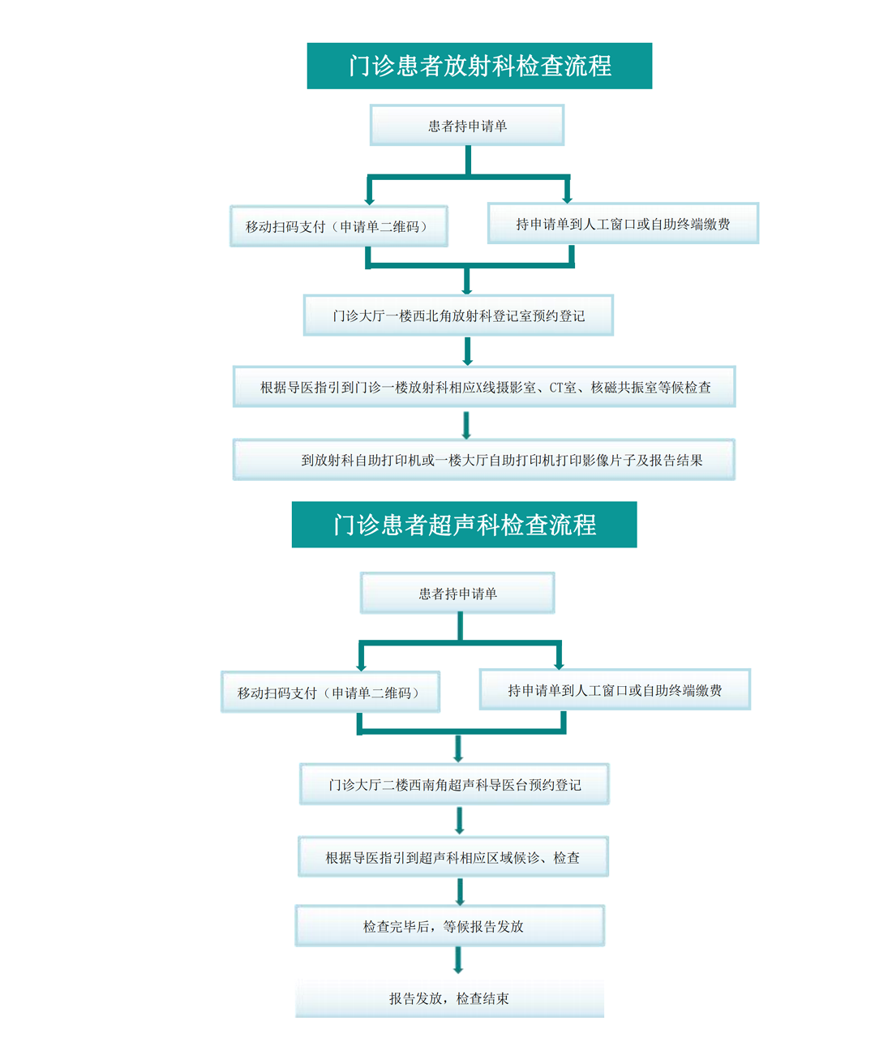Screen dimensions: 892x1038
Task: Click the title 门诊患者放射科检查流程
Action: tap(479, 66)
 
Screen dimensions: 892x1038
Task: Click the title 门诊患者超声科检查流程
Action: tap(464, 525)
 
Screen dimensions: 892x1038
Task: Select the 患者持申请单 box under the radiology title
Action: tap(467, 125)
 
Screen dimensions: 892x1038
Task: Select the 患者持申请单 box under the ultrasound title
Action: tap(457, 593)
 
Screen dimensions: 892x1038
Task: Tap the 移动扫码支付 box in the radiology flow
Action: tap(339, 226)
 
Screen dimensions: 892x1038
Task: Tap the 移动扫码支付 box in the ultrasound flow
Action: tap(331, 692)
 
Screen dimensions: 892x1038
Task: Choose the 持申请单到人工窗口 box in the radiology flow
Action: tap(624, 224)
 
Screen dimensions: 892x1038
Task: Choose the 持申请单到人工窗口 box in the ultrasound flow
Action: tap(615, 689)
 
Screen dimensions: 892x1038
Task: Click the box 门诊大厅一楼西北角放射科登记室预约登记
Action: tap(458, 315)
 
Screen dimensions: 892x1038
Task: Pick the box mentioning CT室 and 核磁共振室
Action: tap(485, 387)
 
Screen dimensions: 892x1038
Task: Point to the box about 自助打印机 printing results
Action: tap(484, 460)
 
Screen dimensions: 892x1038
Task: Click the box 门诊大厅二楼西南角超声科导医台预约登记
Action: tap(455, 784)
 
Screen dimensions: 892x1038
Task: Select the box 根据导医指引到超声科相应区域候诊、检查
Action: tap(453, 856)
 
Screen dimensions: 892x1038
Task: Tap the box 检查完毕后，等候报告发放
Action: tap(450, 926)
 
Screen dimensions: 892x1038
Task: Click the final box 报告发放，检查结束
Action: tap(450, 997)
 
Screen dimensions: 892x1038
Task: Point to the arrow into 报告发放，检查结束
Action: tap(458, 960)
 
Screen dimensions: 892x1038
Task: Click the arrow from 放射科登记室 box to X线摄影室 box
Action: tap(468, 351)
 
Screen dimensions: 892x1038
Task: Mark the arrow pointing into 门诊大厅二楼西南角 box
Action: tap(458, 748)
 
